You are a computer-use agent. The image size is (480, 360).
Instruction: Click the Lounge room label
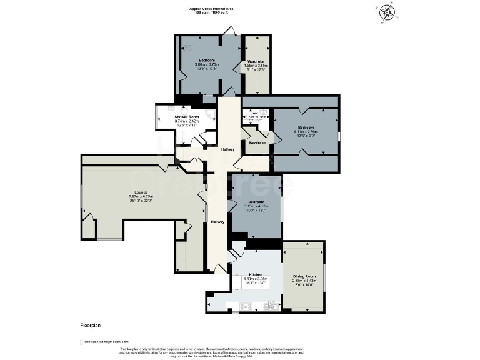point(141,193)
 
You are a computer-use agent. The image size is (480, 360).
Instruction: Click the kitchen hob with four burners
point(246,306)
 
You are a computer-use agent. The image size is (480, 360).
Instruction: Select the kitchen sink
point(271,306)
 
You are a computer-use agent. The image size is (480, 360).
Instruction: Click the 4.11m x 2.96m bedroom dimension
point(306,132)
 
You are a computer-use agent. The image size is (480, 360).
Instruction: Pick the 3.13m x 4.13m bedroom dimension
point(256,207)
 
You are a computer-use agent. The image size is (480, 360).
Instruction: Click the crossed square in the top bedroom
point(187,47)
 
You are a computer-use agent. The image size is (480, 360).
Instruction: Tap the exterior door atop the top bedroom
point(231,31)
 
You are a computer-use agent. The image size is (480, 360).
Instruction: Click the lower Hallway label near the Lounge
point(217,222)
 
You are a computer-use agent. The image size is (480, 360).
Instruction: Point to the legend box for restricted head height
point(82,342)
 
